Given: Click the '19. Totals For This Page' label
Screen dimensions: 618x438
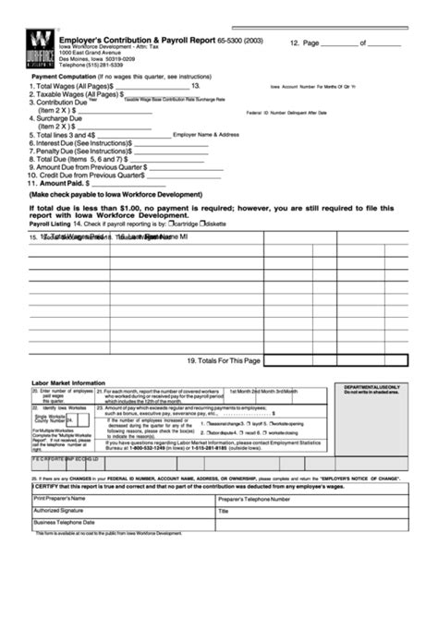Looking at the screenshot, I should click(223, 360).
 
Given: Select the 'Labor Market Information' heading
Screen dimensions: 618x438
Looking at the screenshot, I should click(68, 382).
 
